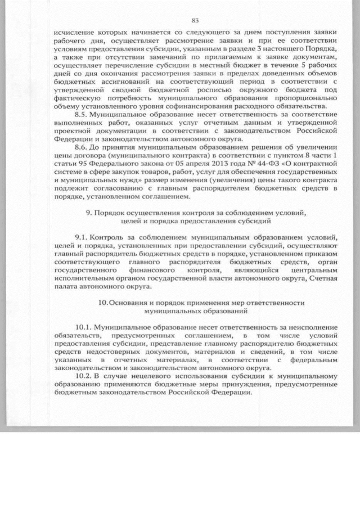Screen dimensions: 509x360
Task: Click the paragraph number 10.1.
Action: [84, 327]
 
